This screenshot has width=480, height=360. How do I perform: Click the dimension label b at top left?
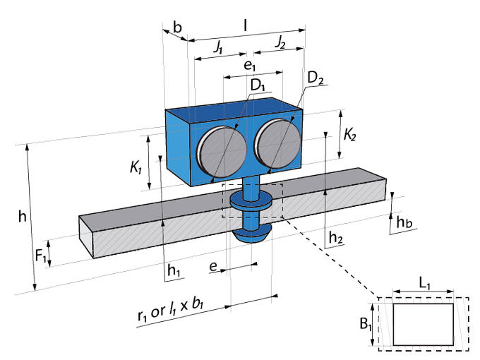177,28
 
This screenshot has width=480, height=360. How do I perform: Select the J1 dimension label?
218,47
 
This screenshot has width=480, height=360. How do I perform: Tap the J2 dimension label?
280,42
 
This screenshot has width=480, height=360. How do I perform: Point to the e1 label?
249,66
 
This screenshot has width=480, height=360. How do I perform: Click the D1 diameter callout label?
258,85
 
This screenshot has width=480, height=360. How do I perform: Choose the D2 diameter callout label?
315,78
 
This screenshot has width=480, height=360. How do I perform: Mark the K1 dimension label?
136,167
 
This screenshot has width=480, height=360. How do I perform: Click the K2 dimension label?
349,134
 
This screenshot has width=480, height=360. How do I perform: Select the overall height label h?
23,217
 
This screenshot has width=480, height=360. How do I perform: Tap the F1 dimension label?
41,256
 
